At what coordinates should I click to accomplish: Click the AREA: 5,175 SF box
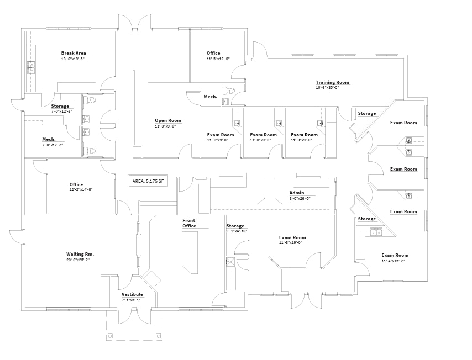click(146, 180)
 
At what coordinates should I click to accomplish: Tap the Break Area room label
click(74, 54)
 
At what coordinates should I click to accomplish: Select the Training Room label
click(332, 82)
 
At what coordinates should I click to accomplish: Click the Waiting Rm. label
click(80, 254)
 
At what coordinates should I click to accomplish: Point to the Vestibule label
click(132, 294)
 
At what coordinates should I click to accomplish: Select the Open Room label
click(168, 120)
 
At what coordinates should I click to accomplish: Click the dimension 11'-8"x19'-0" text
click(292, 242)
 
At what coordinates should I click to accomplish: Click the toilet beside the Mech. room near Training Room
click(228, 91)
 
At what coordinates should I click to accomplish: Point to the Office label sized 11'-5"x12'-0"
click(213, 54)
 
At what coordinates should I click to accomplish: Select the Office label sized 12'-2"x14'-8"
click(76, 184)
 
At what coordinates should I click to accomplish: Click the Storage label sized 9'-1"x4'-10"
click(235, 226)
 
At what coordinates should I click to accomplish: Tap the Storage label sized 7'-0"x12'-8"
click(60, 106)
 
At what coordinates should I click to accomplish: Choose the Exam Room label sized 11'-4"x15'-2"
click(395, 255)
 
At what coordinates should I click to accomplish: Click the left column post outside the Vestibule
click(110, 336)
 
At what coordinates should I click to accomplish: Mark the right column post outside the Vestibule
click(159, 336)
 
